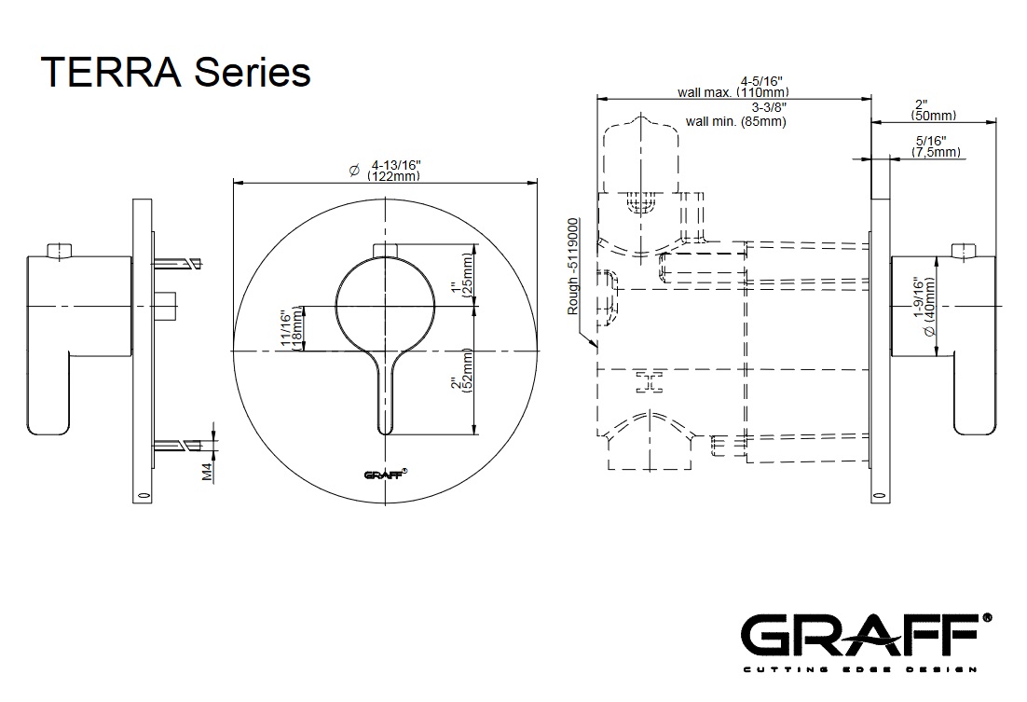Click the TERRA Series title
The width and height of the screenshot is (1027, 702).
click(x=176, y=71)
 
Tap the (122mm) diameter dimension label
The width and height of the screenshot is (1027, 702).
click(x=393, y=176)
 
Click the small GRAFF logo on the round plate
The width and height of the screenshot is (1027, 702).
click(x=385, y=474)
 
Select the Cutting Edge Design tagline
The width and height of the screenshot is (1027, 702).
click(x=858, y=668)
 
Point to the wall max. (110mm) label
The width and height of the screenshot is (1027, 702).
click(x=733, y=92)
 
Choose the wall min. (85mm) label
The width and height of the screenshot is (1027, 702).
click(x=735, y=121)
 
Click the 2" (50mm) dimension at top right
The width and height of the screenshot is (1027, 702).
click(x=934, y=110)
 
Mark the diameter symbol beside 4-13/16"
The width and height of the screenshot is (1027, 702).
click(x=354, y=170)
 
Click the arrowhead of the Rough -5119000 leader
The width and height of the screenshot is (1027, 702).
click(x=594, y=347)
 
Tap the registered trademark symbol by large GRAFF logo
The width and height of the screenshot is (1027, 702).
click(x=987, y=616)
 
